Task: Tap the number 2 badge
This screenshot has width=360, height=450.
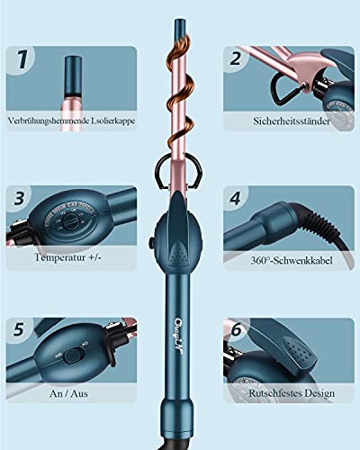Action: [x=236, y=60]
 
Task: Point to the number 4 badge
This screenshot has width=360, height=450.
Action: [x=236, y=198]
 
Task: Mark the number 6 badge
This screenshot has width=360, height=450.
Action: [x=236, y=330]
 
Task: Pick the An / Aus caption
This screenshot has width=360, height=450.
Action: [x=73, y=391]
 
